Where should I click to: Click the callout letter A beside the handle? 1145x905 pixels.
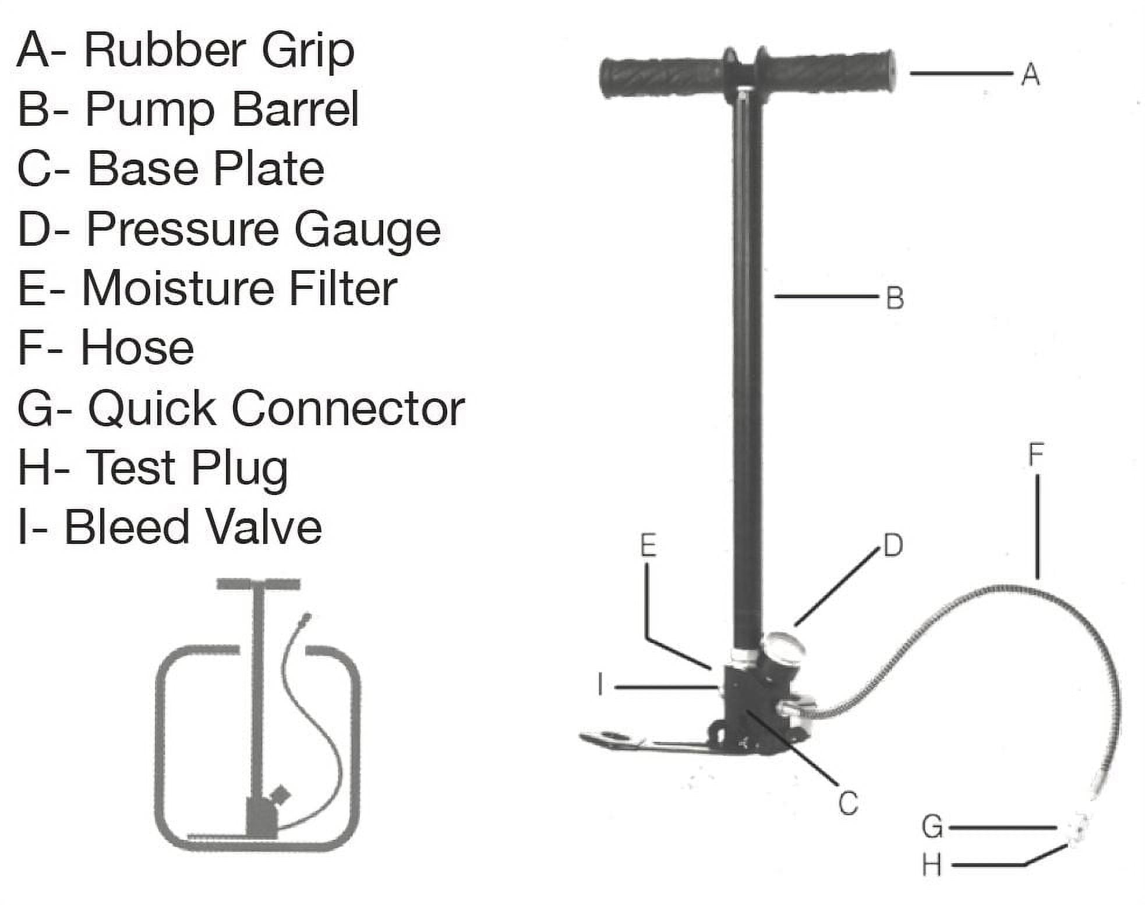click(1030, 75)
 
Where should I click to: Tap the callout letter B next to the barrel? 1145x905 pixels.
click(895, 298)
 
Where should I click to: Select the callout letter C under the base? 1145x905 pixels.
click(848, 803)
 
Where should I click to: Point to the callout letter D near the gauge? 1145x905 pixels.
click(893, 546)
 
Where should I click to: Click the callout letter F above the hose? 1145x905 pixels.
click(1036, 455)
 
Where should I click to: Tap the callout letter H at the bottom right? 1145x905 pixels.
click(932, 865)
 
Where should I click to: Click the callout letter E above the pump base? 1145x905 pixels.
click(648, 546)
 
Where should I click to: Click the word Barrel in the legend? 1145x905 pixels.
click(295, 109)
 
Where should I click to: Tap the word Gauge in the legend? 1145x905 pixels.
click(367, 230)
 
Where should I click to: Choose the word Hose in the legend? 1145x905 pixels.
click(137, 348)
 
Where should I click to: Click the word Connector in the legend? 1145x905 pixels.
click(348, 408)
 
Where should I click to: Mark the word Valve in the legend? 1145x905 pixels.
click(264, 527)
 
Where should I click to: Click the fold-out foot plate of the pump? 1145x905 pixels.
click(641, 742)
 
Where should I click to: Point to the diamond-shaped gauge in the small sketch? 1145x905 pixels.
click(281, 794)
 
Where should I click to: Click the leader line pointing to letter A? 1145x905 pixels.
click(961, 73)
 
